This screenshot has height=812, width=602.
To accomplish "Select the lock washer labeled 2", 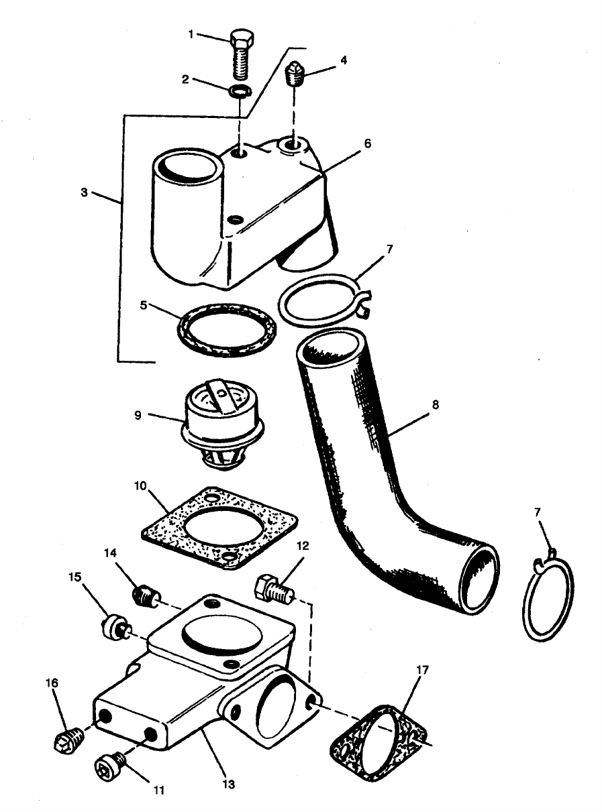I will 239,91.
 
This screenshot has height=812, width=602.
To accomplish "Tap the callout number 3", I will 84,192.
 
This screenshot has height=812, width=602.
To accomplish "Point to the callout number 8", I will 436,405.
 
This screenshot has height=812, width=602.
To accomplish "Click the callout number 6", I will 367,143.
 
